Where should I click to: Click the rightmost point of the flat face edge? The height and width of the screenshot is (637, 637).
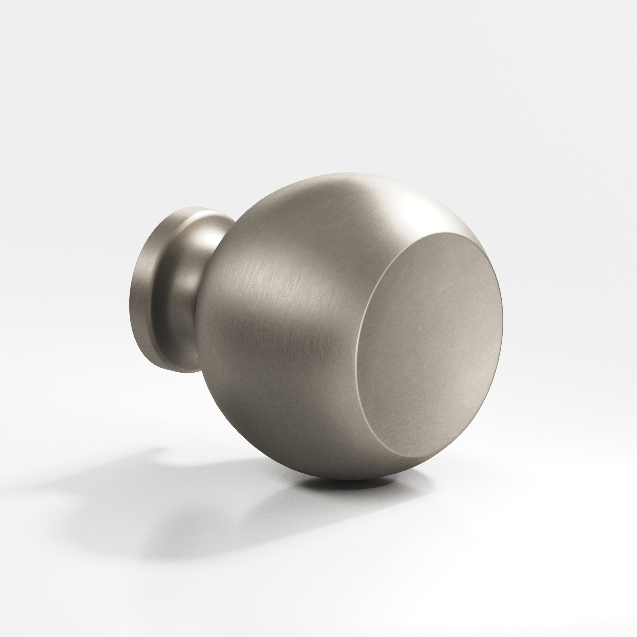tap(503, 317)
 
